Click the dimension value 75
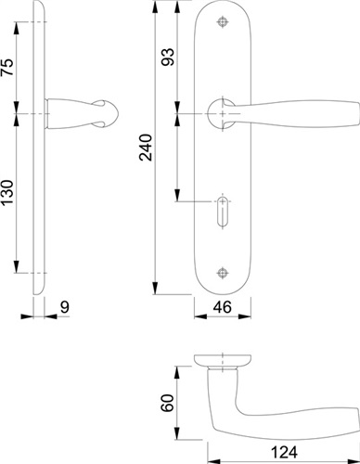pyautogui.click(x=7, y=67)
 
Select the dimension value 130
pyautogui.click(x=7, y=192)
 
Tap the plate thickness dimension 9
pyautogui.click(x=64, y=307)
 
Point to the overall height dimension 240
pyautogui.click(x=146, y=148)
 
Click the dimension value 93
pyautogui.click(x=168, y=57)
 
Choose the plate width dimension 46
pyautogui.click(x=223, y=307)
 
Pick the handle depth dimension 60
pyautogui.click(x=168, y=403)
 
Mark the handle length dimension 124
pyautogui.click(x=284, y=452)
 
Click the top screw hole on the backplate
pyautogui.click(x=223, y=22)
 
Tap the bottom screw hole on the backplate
pyautogui.click(x=223, y=273)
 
